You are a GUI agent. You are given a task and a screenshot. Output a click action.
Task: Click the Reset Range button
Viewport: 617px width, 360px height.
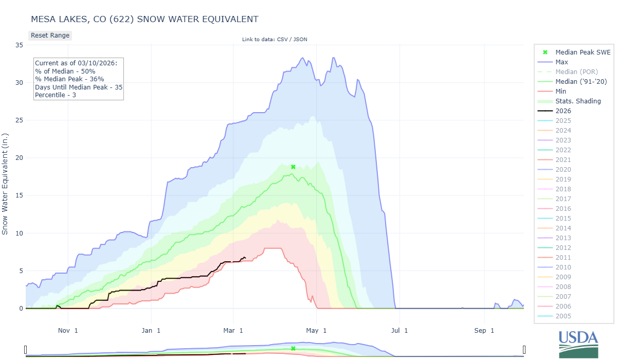tap(50, 35)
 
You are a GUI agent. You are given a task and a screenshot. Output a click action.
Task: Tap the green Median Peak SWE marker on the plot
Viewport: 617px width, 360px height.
tap(293, 167)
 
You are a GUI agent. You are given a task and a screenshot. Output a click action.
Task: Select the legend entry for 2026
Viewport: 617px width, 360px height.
tap(563, 111)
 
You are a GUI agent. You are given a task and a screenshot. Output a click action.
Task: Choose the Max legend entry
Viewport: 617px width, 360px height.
tap(562, 62)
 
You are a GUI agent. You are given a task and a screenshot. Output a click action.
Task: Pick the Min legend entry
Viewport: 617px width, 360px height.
tap(561, 91)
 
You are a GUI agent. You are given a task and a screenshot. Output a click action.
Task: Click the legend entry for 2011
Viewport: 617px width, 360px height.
tap(563, 258)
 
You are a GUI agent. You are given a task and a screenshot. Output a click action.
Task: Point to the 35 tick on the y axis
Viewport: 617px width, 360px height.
tap(19, 45)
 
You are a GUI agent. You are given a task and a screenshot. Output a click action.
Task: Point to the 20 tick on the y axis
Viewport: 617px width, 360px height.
tap(19, 158)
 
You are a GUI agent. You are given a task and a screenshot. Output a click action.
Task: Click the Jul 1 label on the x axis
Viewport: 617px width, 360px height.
tap(399, 330)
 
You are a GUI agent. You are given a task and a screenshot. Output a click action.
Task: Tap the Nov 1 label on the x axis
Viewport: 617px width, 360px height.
tap(68, 330)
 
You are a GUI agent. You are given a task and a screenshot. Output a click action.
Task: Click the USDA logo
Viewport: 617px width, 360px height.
tap(578, 343)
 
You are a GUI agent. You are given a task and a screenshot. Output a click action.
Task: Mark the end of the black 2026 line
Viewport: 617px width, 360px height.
tap(245, 258)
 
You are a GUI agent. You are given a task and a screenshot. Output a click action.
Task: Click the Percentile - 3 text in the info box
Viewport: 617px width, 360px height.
tap(56, 95)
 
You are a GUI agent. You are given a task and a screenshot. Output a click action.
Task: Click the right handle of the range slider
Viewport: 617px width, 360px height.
tap(524, 350)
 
